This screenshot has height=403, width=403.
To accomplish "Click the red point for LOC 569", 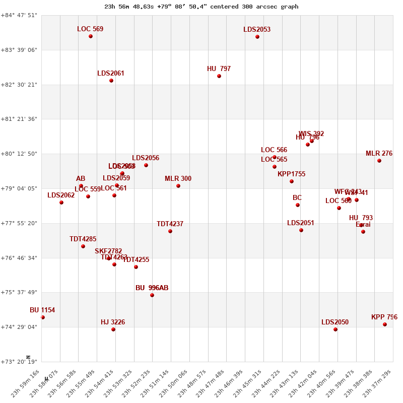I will pos(91,36).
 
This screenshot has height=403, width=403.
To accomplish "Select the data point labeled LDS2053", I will pos(257,37).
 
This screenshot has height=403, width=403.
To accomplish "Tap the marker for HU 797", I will pos(219,76).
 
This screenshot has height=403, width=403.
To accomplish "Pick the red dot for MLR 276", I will pos(379,161).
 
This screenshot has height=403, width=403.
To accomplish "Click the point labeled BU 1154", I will pos(43,317).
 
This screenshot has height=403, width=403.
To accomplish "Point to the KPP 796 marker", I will pos(385,324).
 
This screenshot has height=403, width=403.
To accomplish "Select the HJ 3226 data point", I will pos(113,329).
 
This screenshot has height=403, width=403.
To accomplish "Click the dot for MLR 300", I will pos(178,186).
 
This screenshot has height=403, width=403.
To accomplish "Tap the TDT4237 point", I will pos(170,231).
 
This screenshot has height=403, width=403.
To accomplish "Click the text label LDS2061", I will pos(111,74).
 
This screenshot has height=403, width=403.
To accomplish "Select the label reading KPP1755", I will pos(291,174).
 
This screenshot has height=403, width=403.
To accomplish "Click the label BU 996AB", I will pos(152,288).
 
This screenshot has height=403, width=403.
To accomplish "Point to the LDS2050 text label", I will pos(335,322).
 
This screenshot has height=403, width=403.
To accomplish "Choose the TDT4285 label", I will pos(83,239).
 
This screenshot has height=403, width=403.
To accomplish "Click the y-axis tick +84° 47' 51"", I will pos(19,15).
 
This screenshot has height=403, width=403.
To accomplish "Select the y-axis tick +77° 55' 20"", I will pos(19,223).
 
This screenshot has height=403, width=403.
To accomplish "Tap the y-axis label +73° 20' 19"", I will pos(19,362).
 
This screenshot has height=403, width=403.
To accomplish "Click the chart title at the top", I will pos(201,7).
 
